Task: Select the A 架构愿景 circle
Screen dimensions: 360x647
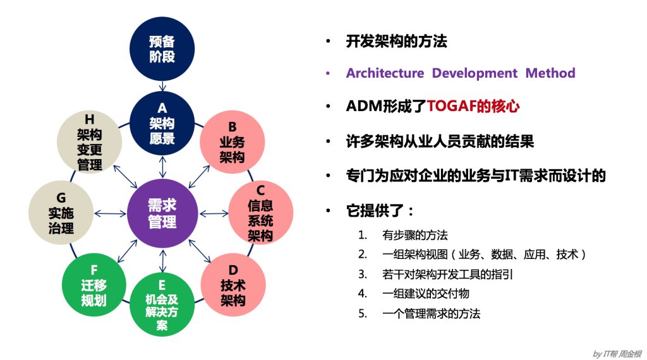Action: [x=162, y=124]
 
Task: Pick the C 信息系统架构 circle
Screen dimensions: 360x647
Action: [x=260, y=213]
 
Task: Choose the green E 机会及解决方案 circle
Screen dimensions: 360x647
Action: [x=162, y=304]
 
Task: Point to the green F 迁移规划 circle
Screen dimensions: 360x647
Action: [x=94, y=285]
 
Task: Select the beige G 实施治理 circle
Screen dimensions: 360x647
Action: [x=61, y=213]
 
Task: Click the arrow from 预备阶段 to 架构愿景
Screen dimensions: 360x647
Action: [x=162, y=86]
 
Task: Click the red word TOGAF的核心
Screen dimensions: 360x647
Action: [x=473, y=106]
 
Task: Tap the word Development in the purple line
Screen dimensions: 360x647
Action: [x=475, y=73]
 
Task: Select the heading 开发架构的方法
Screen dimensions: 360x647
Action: [x=396, y=42]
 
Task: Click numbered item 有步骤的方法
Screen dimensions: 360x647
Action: [x=414, y=235]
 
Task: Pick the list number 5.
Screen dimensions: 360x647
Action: [x=362, y=313]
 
